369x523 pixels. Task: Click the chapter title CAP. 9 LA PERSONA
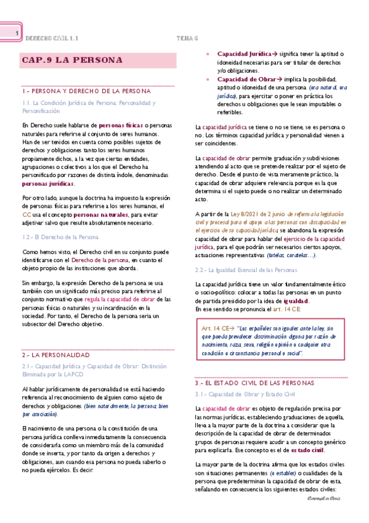click(x=71, y=60)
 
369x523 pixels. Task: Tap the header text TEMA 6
click(x=187, y=38)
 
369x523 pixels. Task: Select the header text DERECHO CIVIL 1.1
click(x=52, y=38)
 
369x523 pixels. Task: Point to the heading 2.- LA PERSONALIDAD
click(x=56, y=356)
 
